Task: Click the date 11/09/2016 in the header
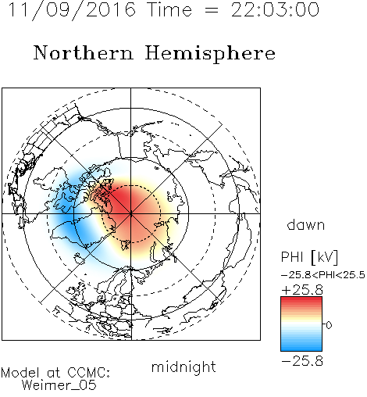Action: [x=72, y=9]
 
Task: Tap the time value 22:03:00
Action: [x=275, y=9]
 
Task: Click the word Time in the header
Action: [x=169, y=9]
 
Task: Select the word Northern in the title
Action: [x=84, y=52]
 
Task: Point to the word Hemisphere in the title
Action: [x=210, y=54]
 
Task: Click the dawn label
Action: [x=306, y=224]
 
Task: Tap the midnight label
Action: [x=183, y=367]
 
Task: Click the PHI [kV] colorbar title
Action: [x=309, y=257]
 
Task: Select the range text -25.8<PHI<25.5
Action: [x=323, y=275]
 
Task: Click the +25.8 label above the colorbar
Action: [x=302, y=290]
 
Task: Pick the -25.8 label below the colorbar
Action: [x=302, y=361]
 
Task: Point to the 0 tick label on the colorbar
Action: [x=329, y=325]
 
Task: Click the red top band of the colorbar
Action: [x=301, y=302]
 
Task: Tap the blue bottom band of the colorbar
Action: [x=301, y=346]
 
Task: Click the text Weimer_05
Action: [x=59, y=385]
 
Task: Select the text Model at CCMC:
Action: [x=55, y=373]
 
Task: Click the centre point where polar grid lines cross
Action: [x=131, y=213]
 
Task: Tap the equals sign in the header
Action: [x=212, y=10]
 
